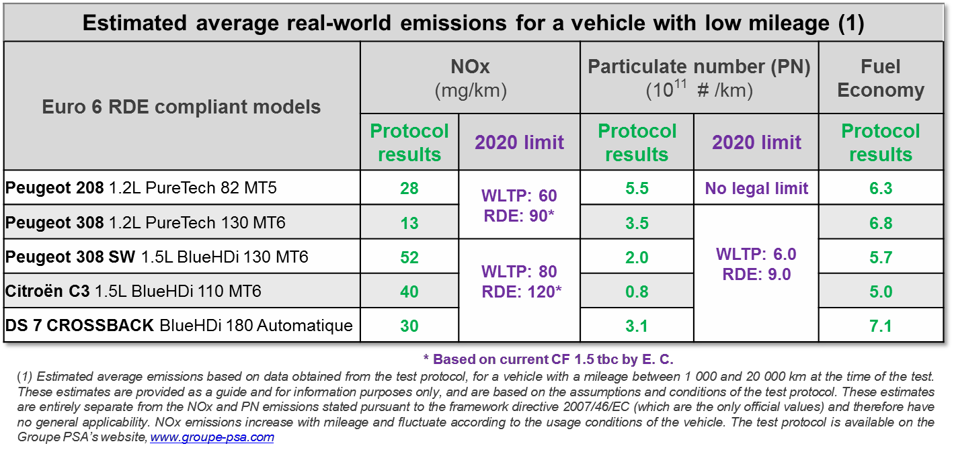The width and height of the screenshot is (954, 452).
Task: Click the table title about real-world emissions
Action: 473,24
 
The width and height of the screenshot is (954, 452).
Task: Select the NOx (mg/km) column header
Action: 470,78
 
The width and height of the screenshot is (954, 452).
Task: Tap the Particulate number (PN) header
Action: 699,78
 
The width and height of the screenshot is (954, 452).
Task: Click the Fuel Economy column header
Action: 881,78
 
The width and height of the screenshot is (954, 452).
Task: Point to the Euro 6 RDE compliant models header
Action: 182,106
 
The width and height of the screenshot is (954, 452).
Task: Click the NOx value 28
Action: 409,189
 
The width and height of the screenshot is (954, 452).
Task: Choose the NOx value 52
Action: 409,257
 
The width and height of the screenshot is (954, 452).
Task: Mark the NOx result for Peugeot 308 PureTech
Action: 409,223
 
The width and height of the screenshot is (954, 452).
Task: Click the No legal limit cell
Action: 756,189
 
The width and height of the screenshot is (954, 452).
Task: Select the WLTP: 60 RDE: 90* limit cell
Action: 519,206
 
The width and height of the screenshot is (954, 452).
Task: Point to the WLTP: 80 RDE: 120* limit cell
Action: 519,282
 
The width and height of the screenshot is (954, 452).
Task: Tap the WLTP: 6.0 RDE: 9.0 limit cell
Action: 756,265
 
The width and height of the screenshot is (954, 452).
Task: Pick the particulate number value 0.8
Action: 636,291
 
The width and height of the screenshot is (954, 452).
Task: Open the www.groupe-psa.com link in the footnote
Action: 212,437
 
